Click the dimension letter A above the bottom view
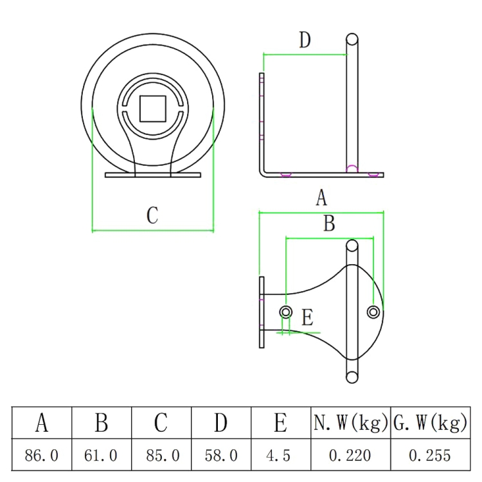click(322, 198)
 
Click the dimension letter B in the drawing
click(328, 224)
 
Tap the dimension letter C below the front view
click(152, 215)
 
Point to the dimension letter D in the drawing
click(305, 40)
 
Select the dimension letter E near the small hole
click(307, 317)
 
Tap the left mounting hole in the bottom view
click(286, 312)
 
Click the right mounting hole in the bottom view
click(373, 312)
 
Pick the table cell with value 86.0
click(42, 456)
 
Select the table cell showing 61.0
click(101, 456)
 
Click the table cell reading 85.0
click(161, 456)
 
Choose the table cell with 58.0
click(221, 456)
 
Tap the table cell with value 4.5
click(280, 456)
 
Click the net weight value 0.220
click(350, 456)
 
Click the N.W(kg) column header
click(350, 423)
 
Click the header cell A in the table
click(42, 423)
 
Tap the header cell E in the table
click(280, 423)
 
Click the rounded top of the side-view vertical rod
click(352, 39)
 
